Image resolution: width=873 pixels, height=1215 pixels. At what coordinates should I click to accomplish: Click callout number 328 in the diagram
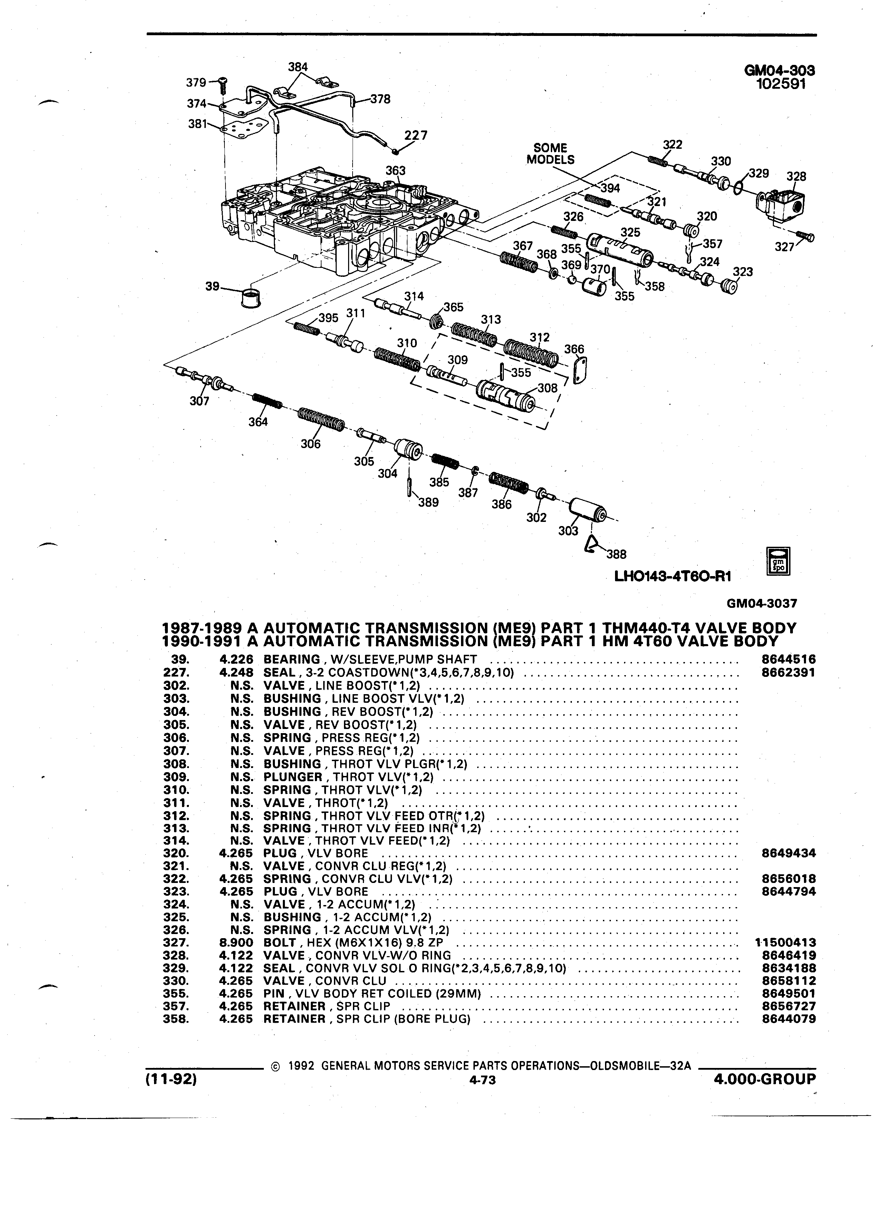point(796,177)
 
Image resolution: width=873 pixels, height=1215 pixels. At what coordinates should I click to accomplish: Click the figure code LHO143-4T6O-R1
point(673,576)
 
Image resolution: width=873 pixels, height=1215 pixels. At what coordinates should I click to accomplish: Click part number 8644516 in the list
point(788,660)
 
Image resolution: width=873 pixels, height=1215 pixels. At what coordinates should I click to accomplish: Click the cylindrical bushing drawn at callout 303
point(587,509)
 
